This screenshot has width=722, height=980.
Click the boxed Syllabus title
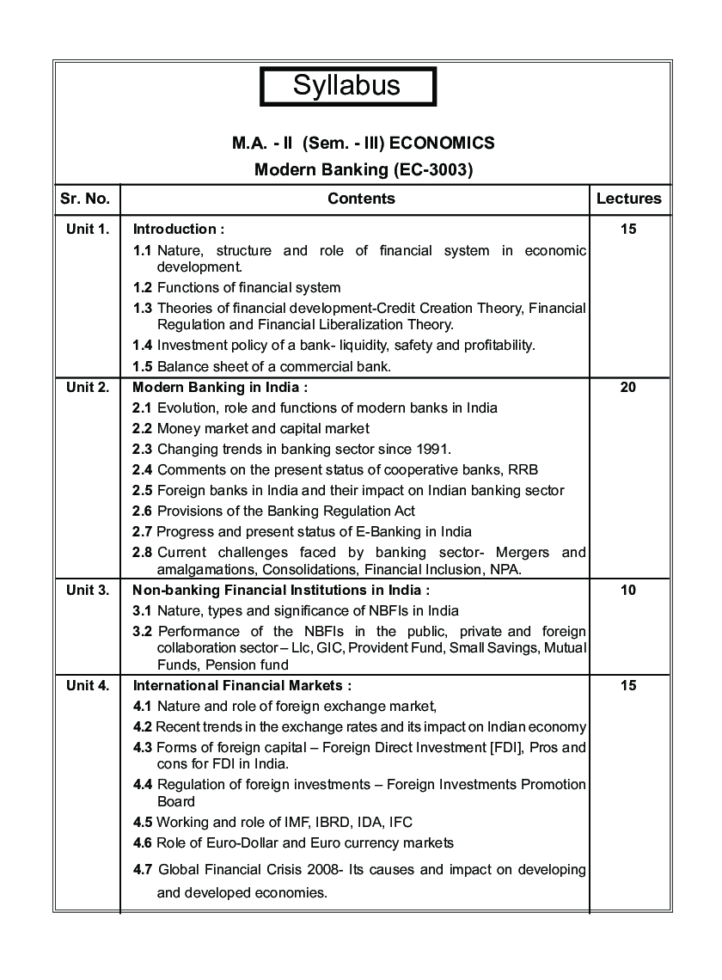347,86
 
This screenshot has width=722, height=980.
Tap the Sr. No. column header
85,199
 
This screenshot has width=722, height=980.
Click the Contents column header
361,199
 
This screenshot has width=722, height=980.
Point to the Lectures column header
628,199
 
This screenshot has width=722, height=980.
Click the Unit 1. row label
87,229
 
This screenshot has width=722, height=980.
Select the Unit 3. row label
87,590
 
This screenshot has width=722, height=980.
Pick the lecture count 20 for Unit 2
627,387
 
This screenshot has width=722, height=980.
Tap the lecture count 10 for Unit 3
627,590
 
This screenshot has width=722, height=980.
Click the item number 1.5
143,366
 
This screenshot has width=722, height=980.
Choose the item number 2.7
143,531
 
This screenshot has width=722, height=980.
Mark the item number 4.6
143,842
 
